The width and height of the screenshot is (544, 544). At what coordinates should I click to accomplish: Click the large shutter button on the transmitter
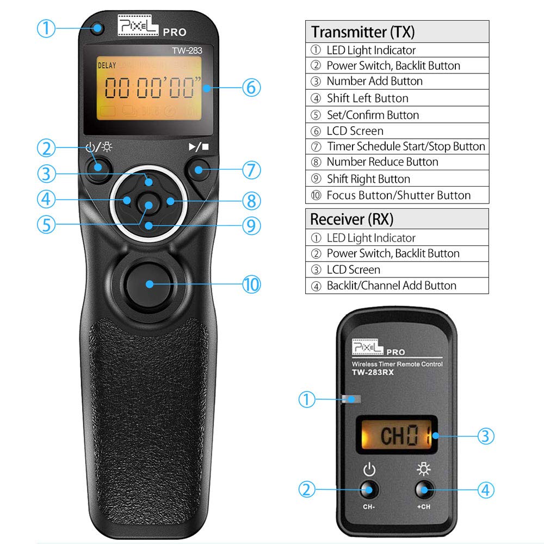pyautogui.click(x=149, y=283)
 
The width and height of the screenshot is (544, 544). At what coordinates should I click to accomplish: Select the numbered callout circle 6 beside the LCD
pyautogui.click(x=251, y=87)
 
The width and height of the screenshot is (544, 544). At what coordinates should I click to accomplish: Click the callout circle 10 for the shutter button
pyautogui.click(x=251, y=285)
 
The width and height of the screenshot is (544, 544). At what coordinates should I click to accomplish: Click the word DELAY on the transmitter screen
pyautogui.click(x=108, y=66)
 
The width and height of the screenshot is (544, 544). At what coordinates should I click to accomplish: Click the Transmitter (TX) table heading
pyautogui.click(x=363, y=32)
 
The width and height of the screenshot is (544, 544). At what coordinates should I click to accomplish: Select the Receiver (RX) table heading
pyautogui.click(x=351, y=219)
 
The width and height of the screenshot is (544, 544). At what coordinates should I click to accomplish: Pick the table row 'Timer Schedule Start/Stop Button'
pyautogui.click(x=405, y=146)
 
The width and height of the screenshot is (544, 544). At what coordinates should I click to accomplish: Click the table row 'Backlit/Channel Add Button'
pyautogui.click(x=391, y=286)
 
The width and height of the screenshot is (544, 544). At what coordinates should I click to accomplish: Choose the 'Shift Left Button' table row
pyautogui.click(x=367, y=98)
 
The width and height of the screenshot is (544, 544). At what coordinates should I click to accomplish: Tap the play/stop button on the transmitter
pyautogui.click(x=197, y=171)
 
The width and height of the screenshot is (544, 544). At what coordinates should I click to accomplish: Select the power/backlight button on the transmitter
pyautogui.click(x=98, y=165)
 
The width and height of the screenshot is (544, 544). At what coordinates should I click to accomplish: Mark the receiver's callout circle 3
pyautogui.click(x=486, y=435)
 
